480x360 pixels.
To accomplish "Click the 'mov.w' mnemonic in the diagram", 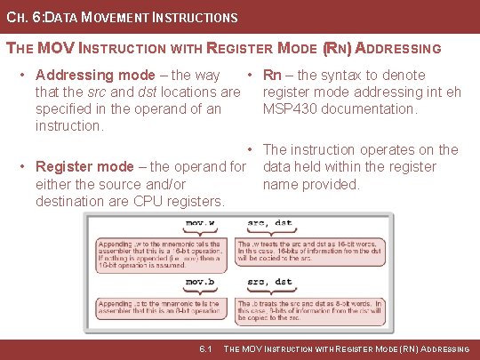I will pyautogui.click(x=204, y=223).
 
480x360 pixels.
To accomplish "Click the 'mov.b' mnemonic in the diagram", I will pyautogui.click(x=204, y=282).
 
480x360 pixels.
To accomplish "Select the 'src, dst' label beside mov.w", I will pyautogui.click(x=270, y=223).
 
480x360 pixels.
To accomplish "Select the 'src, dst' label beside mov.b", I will pyautogui.click(x=270, y=282).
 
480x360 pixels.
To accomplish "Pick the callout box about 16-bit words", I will pyautogui.click(x=313, y=252).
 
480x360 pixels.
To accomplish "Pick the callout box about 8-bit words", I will pyautogui.click(x=313, y=310).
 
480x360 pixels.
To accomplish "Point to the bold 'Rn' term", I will pyautogui.click(x=273, y=76).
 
